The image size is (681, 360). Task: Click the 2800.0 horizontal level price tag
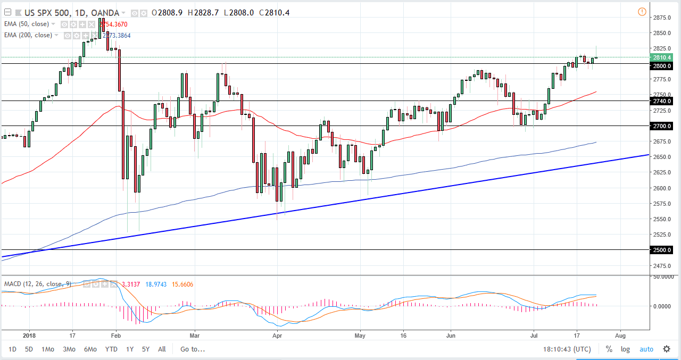(662, 65)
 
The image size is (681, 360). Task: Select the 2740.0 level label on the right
(662, 101)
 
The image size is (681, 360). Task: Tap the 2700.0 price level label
(662, 126)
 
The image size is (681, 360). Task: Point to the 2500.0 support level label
(662, 250)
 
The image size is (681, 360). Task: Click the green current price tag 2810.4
(662, 57)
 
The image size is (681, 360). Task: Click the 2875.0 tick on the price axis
(661, 18)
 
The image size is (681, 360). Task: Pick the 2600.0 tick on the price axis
(661, 188)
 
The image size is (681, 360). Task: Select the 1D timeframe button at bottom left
(13, 349)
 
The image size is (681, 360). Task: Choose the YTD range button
(111, 349)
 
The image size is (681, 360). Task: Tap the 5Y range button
(146, 349)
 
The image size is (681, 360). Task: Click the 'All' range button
(162, 349)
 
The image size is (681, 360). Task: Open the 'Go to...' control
(193, 349)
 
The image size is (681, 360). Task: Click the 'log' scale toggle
(625, 349)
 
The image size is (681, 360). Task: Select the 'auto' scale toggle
(646, 349)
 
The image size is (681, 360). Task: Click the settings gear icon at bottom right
(667, 349)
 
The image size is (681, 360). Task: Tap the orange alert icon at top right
(642, 12)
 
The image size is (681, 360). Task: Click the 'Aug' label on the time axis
(620, 336)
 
